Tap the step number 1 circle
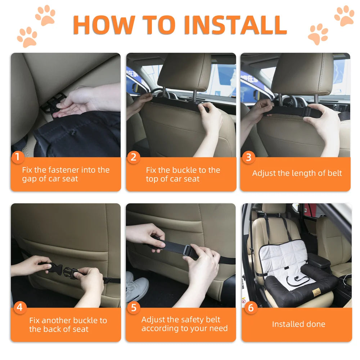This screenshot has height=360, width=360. pos(18,157)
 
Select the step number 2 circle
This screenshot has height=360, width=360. pos(134,157)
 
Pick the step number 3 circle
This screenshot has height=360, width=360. pos(248,157)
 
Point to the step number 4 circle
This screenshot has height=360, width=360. pos(19,307)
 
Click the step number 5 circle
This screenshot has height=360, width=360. pos(134,307)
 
